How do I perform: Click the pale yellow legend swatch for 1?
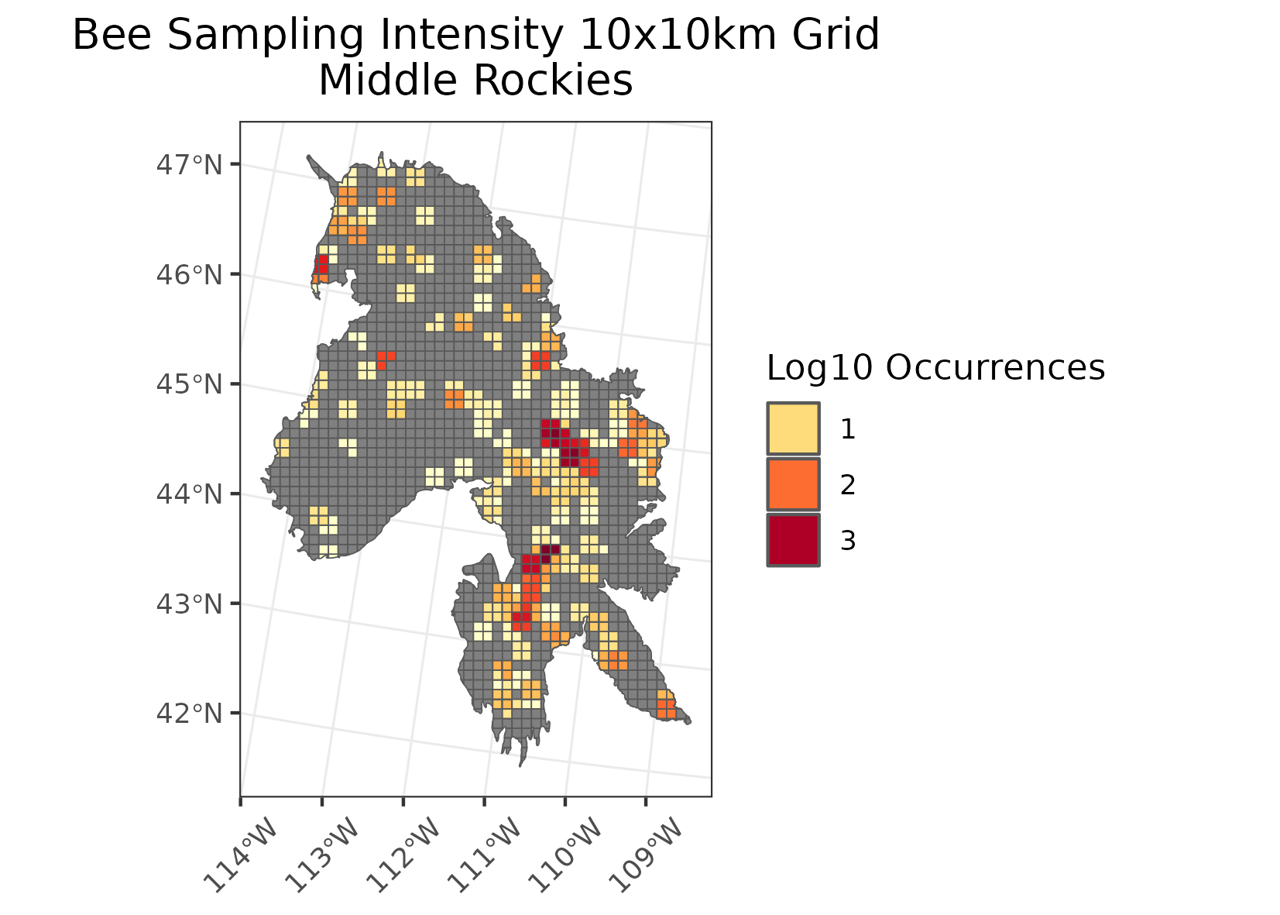[x=793, y=428]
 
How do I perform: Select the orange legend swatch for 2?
[x=793, y=484]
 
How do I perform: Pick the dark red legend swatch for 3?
[x=793, y=540]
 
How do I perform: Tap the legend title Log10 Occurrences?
[x=935, y=368]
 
